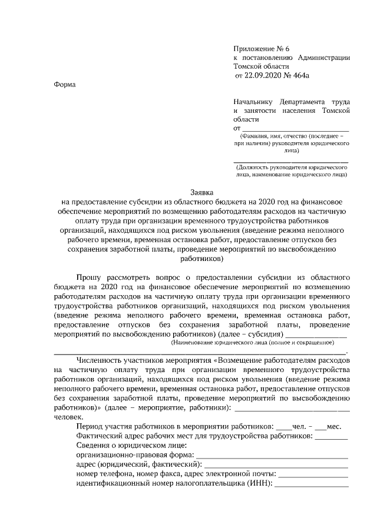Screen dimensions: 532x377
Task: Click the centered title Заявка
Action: (x=202, y=192)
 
